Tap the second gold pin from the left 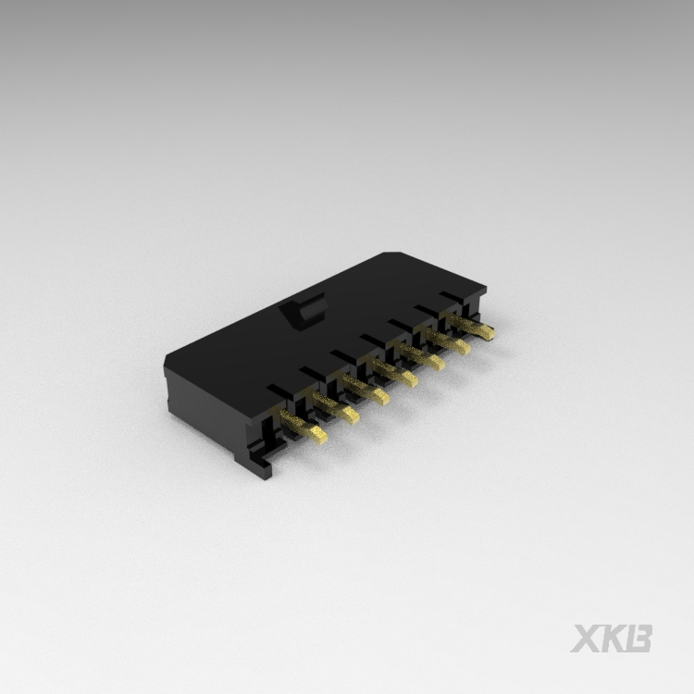coord(336,408)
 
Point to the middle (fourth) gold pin coord(394,371)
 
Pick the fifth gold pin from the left coord(421,355)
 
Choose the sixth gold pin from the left coord(448,340)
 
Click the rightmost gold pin coord(472,326)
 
